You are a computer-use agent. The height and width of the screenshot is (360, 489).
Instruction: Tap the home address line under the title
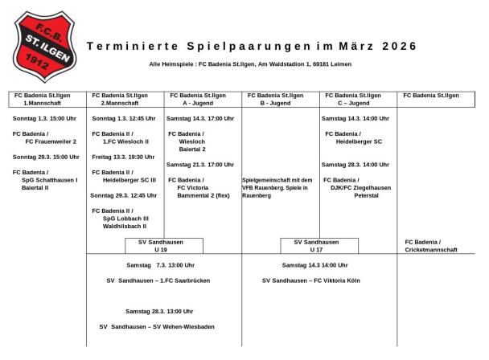tap(250, 64)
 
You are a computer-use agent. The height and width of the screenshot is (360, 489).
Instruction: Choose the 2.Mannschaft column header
tap(121, 100)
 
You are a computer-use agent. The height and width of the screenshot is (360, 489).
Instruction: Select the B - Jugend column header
tap(276, 100)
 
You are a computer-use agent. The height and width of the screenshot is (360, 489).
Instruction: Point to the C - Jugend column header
tap(353, 100)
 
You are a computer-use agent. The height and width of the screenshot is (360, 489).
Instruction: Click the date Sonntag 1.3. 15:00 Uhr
tap(45, 119)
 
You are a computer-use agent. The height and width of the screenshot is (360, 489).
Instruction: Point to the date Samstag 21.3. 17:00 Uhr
tap(200, 165)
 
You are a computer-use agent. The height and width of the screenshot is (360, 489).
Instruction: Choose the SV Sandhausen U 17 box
tap(316, 246)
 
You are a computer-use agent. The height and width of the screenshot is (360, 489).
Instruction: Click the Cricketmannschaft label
tap(430, 250)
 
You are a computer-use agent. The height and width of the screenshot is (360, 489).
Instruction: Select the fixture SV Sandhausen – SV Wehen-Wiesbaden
tap(158, 327)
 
